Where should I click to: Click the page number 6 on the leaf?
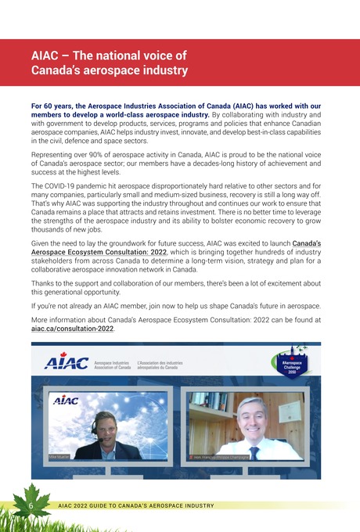click(x=29, y=505)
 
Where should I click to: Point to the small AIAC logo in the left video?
click(x=65, y=400)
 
